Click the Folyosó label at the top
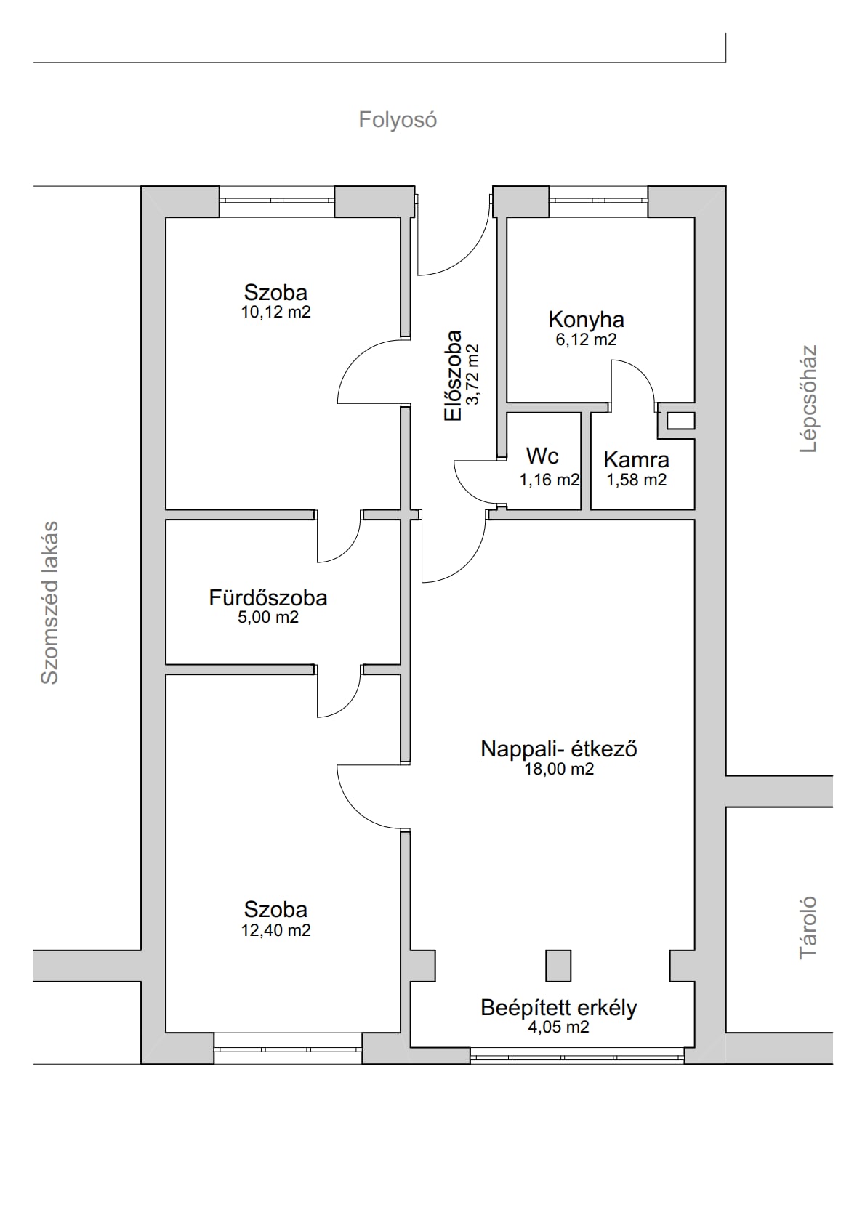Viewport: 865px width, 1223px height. pos(398,120)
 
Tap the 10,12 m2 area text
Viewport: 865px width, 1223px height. pos(275,312)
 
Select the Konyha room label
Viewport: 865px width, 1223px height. pos(586,320)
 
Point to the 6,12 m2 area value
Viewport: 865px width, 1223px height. pos(586,339)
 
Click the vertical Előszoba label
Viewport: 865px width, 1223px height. pos(454,375)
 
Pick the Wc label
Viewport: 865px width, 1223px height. pos(542,456)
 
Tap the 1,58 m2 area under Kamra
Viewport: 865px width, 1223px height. pos(636,480)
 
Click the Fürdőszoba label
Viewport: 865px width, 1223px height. pos(268,598)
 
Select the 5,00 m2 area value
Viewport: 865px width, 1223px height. pos(268,617)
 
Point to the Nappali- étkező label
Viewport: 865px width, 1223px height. pos(559,748)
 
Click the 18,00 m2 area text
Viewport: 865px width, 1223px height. pos(559,769)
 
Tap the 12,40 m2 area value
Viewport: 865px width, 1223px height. pos(275,930)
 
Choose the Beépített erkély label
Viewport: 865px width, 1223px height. pos(559,1007)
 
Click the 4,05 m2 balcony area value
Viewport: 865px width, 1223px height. pos(559,1027)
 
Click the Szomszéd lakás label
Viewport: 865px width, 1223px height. pos(49,602)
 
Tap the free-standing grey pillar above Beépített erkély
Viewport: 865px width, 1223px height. pos(558,966)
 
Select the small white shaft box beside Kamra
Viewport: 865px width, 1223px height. pos(681,421)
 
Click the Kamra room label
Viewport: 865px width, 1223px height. pos(636,460)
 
